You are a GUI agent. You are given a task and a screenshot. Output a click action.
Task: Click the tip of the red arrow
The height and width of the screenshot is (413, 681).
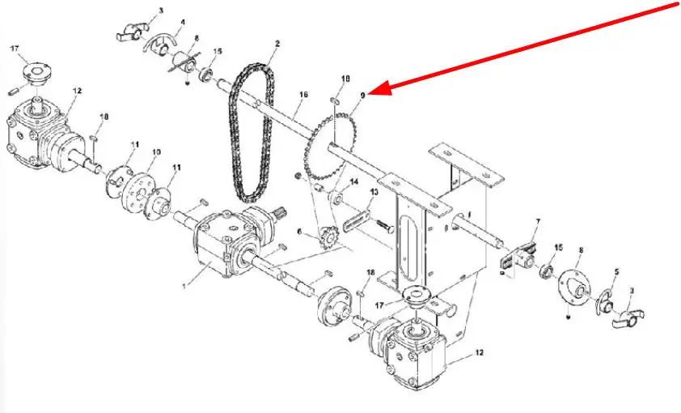pos(369,93)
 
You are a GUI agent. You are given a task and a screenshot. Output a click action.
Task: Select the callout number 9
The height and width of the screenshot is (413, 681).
pos(363,94)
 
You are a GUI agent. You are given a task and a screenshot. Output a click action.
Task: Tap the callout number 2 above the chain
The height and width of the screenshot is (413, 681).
pos(277,44)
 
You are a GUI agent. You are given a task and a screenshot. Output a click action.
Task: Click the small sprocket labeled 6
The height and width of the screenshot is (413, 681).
pos(328,237)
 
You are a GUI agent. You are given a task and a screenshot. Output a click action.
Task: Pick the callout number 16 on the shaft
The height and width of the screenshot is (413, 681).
pos(303,94)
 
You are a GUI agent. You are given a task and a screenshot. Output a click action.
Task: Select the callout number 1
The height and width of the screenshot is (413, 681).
pos(184,286)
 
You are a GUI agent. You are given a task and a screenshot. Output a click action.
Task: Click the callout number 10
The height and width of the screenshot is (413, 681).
pos(156,152)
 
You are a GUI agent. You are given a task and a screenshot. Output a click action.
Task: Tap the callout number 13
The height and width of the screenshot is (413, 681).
pos(374,192)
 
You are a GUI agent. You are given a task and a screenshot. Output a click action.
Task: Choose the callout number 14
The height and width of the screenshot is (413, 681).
pos(354,181)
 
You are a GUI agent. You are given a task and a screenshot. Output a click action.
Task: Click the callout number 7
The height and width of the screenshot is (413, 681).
pos(538,222)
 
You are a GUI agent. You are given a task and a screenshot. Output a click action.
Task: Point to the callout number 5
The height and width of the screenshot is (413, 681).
pos(616,273)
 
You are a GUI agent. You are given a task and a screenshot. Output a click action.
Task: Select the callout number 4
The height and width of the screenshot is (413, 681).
pos(183,21)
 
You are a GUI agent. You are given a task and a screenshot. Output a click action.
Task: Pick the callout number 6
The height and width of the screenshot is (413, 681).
pos(298,232)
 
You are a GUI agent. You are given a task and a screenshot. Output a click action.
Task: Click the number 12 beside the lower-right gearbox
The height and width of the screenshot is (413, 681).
pos(479,353)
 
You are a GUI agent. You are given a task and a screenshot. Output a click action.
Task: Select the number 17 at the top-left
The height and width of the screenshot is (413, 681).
pos(15,49)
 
